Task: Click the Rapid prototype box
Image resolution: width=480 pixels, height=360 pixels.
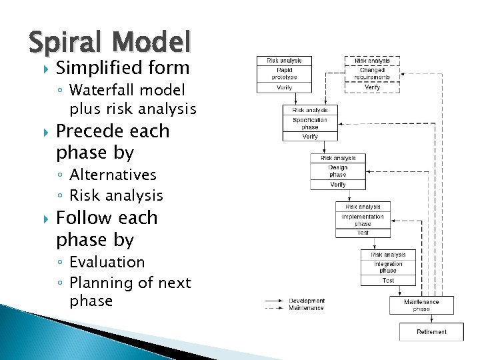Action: (284, 73)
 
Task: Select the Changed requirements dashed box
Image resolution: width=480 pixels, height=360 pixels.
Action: (372, 73)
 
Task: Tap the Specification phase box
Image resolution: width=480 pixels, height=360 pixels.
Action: (310, 123)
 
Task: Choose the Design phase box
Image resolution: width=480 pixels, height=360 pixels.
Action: (337, 171)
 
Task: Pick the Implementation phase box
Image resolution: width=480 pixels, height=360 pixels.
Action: (363, 220)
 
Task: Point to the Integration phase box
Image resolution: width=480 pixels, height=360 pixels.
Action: (388, 267)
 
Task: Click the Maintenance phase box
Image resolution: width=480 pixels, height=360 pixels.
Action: (421, 305)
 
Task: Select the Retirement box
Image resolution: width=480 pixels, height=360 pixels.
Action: (431, 332)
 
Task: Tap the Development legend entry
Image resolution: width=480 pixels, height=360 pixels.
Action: (307, 301)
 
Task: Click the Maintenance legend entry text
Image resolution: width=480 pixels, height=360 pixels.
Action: (307, 308)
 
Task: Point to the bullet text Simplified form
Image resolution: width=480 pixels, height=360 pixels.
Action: (123, 67)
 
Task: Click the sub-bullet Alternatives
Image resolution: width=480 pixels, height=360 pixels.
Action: (113, 175)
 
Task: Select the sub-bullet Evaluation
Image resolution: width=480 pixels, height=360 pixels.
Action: (107, 262)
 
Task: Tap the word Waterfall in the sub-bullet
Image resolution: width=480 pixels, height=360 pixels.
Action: (98, 90)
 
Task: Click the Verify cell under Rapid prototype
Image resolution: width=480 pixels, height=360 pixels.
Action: (284, 87)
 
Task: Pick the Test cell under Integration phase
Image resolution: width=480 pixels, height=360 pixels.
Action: (388, 281)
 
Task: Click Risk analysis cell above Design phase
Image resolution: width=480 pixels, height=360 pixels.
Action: (337, 159)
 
